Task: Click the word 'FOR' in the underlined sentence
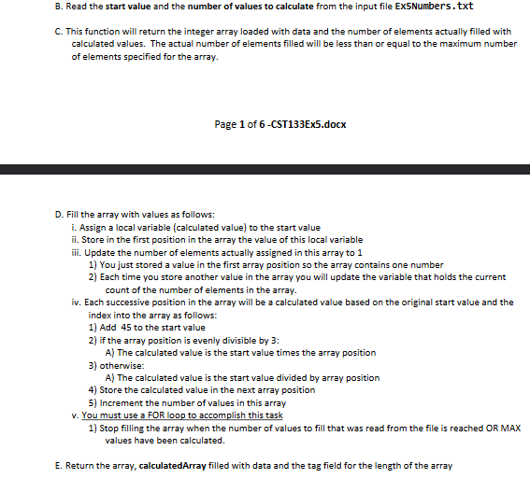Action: point(165,415)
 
